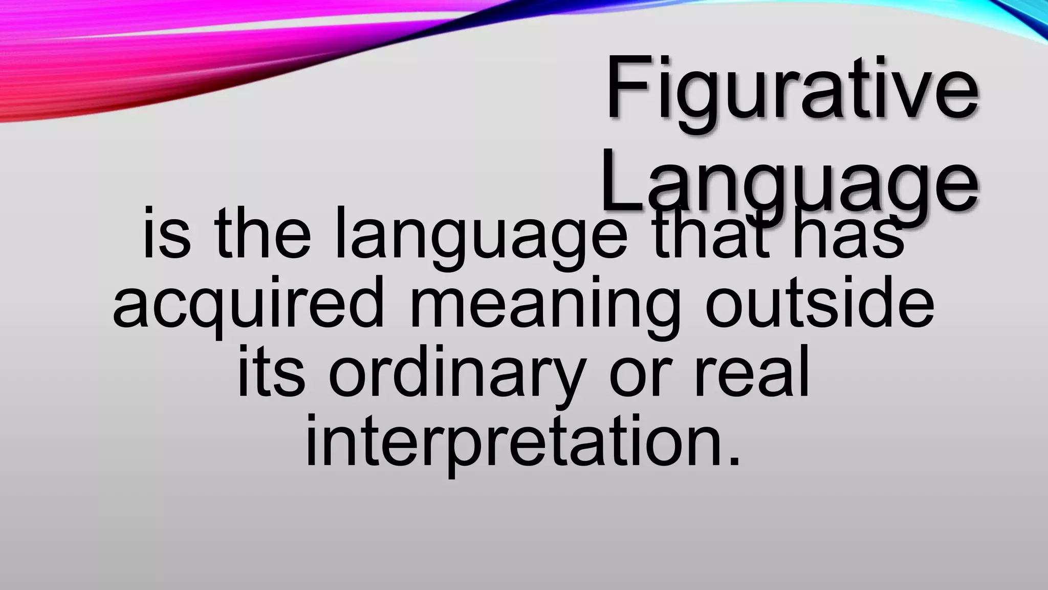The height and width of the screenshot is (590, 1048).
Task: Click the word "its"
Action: coord(271,374)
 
